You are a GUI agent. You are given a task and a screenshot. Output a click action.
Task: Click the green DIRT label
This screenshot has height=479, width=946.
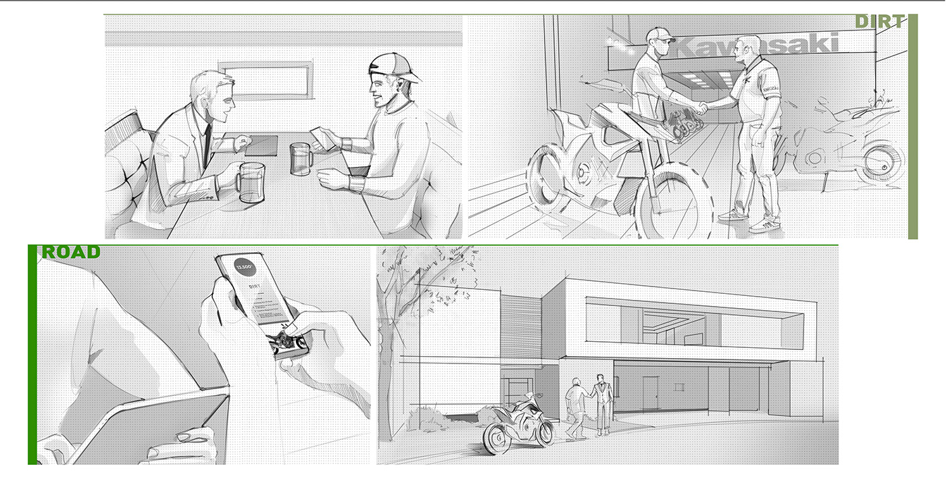tap(879, 22)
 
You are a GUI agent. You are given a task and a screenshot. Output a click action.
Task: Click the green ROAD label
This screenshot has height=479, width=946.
tap(71, 253)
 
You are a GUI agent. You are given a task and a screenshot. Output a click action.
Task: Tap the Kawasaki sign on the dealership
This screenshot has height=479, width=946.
tap(757, 47)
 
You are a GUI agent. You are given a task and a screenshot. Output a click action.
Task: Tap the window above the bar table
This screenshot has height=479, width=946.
tap(264, 80)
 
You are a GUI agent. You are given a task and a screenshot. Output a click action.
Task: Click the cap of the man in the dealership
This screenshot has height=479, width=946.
tap(659, 34)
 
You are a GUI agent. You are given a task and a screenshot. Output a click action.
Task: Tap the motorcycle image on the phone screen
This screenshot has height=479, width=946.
tap(287, 341)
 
